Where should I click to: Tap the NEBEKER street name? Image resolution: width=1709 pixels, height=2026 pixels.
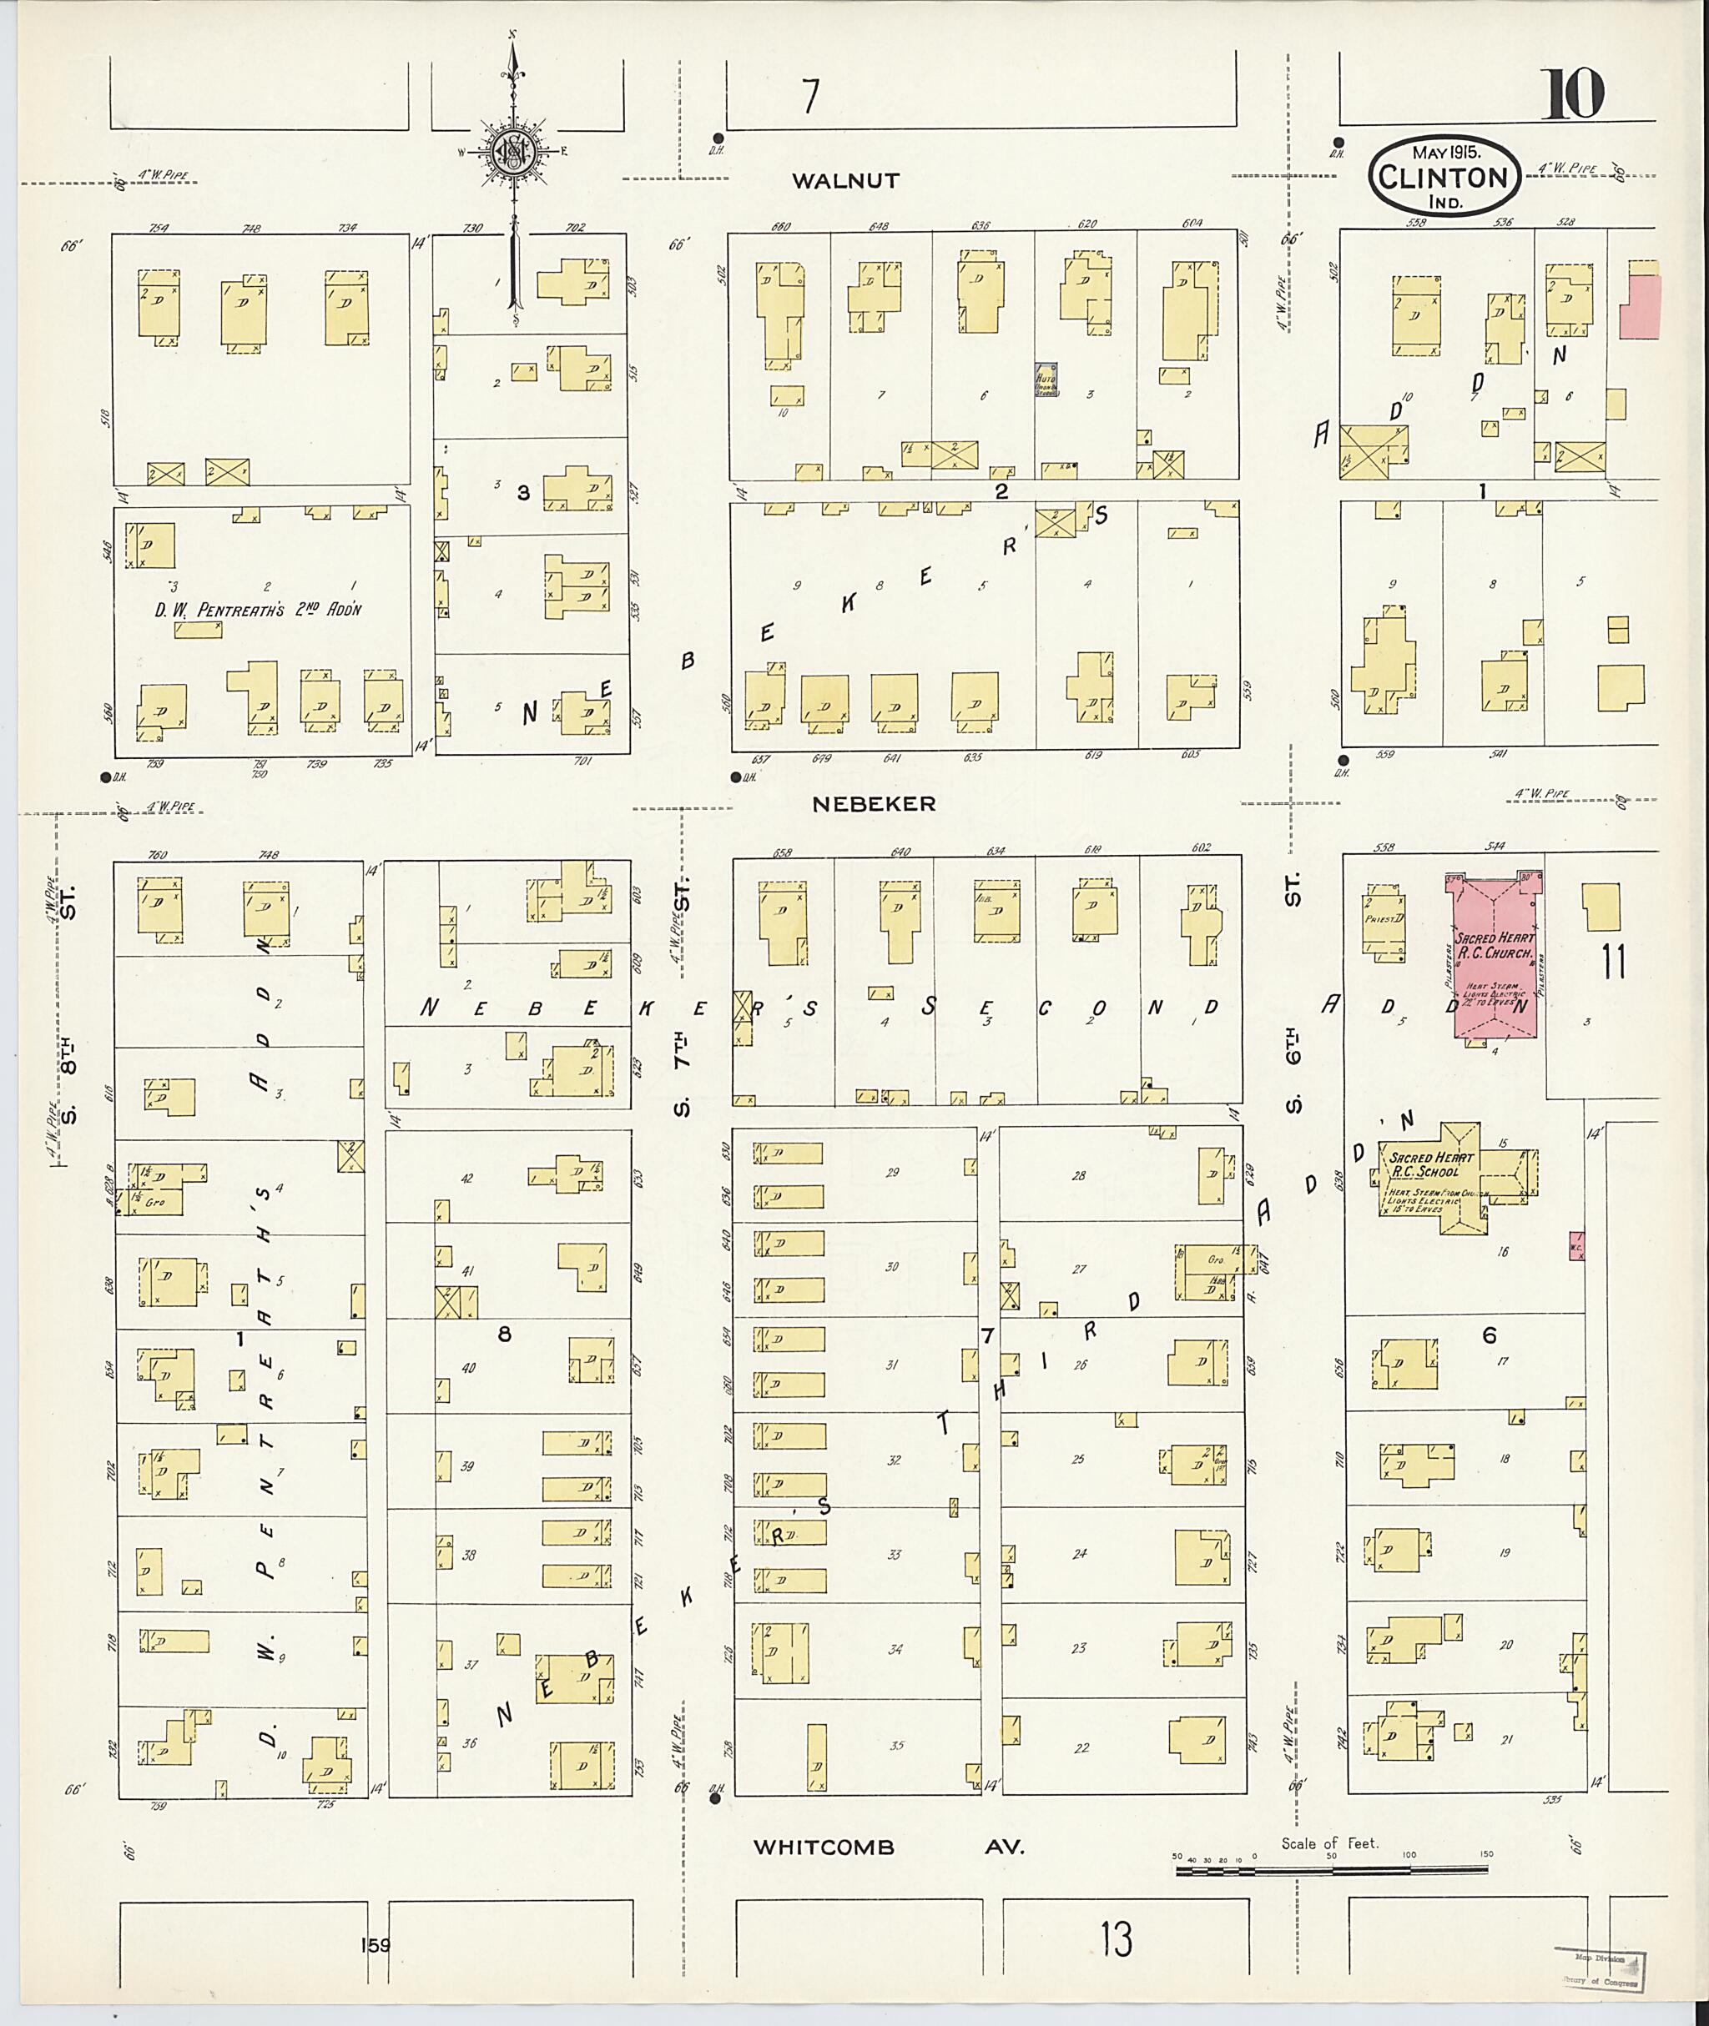[874, 804]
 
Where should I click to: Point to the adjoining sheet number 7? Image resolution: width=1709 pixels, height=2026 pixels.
[810, 96]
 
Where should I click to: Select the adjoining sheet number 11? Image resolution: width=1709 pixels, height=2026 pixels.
[1613, 962]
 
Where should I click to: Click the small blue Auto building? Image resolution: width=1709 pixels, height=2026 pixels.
[1046, 380]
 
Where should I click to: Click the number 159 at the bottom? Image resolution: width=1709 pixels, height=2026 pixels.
[374, 1944]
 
